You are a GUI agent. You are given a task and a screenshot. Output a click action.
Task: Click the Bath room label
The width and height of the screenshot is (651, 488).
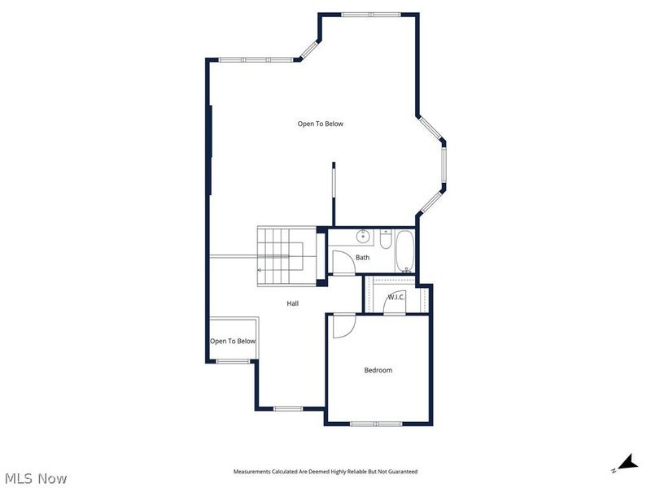362,258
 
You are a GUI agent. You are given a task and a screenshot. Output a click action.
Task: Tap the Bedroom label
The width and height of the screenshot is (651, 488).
378,370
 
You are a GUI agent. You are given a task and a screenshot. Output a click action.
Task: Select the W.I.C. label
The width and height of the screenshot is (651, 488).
396,297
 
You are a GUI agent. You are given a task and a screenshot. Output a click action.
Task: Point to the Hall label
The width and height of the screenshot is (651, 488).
292,303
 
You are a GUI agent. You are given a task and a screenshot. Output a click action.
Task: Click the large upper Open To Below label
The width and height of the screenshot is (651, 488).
320,124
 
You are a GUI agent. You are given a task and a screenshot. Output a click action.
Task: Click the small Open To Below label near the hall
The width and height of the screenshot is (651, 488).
233,341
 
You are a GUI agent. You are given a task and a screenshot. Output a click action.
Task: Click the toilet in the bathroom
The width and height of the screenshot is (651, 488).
386,239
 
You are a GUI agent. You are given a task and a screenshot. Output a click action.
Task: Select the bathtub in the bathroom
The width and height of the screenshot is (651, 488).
404,252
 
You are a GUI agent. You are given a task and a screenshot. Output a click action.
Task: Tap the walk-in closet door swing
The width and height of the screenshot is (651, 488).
395,303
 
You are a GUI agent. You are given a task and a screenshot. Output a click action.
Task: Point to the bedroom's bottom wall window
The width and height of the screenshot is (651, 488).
376,424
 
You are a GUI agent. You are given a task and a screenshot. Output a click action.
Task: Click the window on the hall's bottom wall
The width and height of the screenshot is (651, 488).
288,408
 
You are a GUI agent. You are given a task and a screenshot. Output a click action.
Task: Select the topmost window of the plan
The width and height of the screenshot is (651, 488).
370,15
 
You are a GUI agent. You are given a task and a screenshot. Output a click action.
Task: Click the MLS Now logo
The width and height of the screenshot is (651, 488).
35,478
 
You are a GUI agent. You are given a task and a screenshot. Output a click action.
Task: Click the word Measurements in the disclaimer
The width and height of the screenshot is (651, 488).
252,472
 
